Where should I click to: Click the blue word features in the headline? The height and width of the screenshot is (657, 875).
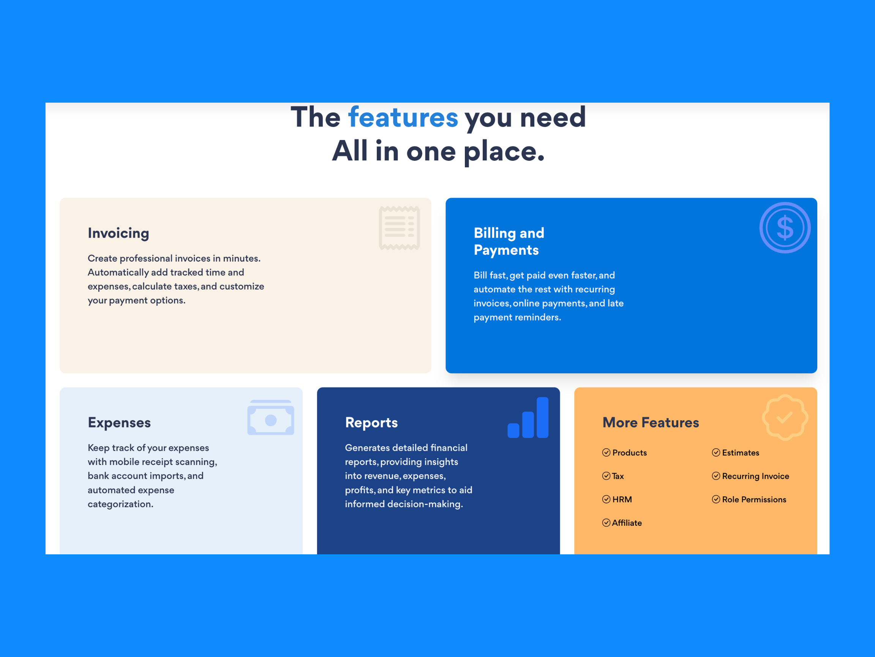(x=403, y=117)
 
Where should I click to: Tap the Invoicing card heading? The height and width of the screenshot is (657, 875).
(x=118, y=233)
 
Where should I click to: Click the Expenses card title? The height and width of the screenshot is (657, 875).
(x=119, y=422)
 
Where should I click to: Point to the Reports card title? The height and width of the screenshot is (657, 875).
(x=371, y=422)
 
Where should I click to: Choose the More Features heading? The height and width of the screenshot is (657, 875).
(x=651, y=422)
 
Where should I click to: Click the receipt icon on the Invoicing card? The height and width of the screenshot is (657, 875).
(x=399, y=228)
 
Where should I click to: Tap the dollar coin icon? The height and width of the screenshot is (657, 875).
(x=785, y=228)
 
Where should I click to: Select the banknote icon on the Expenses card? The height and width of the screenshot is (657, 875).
(x=270, y=417)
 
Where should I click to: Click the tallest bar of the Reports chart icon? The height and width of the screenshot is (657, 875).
(x=542, y=417)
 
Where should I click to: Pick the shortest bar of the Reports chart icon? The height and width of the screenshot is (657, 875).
(x=513, y=430)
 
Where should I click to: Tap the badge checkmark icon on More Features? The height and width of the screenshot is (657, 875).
(x=785, y=417)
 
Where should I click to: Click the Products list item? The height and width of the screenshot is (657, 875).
(x=625, y=453)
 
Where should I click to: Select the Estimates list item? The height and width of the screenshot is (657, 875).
(x=736, y=453)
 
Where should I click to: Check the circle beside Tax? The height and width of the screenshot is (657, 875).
(x=606, y=476)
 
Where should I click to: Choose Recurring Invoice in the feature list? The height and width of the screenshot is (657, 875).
(x=751, y=476)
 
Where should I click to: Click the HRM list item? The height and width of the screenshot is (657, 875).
(x=617, y=499)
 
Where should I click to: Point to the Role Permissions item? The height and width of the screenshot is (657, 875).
(x=749, y=499)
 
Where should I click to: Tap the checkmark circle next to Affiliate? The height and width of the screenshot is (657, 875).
(x=606, y=523)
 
